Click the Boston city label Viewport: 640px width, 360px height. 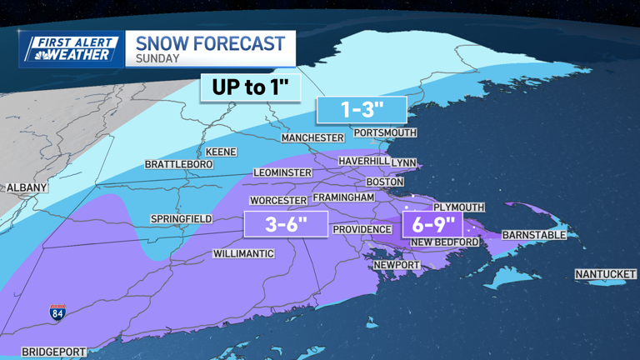385,182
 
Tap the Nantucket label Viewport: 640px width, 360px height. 605,274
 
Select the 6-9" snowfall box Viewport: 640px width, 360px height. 432,223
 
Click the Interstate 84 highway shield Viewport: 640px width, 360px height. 57,312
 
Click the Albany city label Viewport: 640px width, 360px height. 27,188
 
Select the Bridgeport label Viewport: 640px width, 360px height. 54,352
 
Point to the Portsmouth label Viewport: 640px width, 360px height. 385,132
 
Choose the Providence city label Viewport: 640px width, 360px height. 362,229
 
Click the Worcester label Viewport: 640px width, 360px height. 279,201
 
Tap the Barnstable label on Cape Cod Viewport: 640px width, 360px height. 533,235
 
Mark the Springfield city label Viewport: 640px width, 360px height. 181,219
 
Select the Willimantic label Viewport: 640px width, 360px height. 243,253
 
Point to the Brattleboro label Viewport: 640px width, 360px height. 179,165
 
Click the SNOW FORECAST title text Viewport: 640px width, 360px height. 210,42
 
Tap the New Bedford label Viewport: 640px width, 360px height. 445,242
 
